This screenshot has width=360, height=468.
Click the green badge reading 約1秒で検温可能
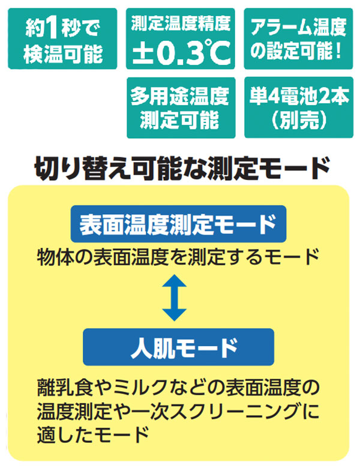pyautogui.click(x=62, y=39)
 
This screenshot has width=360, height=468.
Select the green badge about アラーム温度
pyautogui.click(x=299, y=39)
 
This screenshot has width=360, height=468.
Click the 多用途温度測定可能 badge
pyautogui.click(x=181, y=108)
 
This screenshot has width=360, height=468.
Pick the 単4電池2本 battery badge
pyautogui.click(x=299, y=107)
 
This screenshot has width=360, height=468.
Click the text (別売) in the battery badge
pyautogui.click(x=299, y=120)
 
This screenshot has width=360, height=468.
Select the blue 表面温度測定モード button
pyautogui.click(x=178, y=224)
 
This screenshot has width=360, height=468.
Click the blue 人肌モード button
pyautogui.click(x=178, y=347)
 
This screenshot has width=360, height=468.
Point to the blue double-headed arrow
pyautogui.click(x=175, y=298)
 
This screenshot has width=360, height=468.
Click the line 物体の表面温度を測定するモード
pyautogui.click(x=178, y=257)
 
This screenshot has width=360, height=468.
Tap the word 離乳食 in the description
pyautogui.click(x=65, y=387)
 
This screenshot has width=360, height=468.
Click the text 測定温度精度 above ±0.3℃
pyautogui.click(x=181, y=23)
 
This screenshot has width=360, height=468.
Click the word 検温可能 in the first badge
pyautogui.click(x=63, y=54)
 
